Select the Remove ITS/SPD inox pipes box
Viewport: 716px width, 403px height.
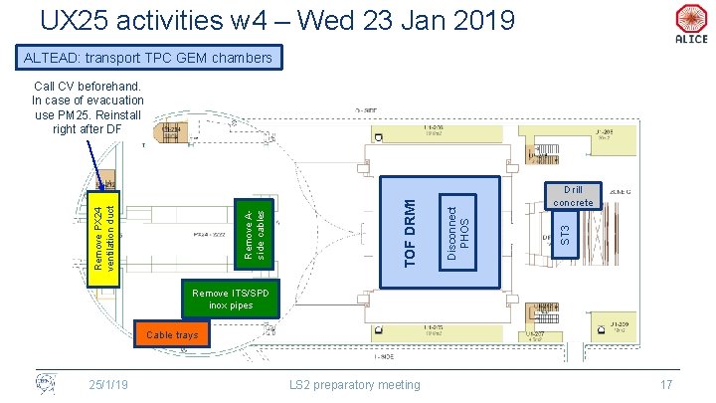pos(224,300)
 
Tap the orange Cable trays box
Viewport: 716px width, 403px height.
pos(172,336)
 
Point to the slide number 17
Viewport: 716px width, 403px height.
pos(666,385)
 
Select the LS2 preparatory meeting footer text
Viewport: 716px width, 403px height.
pos(354,385)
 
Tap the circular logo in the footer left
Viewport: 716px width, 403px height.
pos(45,383)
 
